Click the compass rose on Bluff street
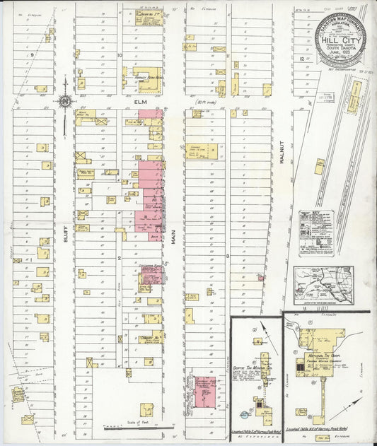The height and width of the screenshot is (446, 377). pyautogui.click(x=64, y=102)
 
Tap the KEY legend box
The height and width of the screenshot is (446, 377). pyautogui.click(x=315, y=232)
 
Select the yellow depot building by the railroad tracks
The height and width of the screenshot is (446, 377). pyautogui.click(x=356, y=90)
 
